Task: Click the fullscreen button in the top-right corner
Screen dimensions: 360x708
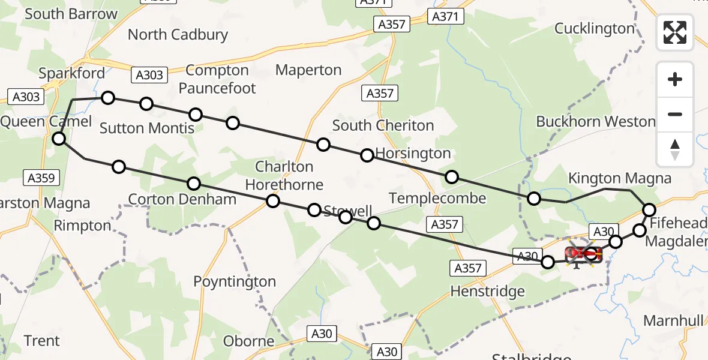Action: (x=675, y=32)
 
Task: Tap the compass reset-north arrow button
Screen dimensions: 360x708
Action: (x=675, y=149)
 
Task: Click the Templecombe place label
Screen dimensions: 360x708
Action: (x=437, y=198)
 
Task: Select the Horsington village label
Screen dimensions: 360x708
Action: (x=413, y=154)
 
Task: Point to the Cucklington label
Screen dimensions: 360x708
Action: (x=594, y=28)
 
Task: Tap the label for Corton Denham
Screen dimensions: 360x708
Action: (x=182, y=199)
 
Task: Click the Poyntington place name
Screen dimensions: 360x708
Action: (x=235, y=281)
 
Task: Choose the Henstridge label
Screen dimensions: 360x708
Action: (x=487, y=292)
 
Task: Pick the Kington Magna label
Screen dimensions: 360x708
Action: (x=619, y=178)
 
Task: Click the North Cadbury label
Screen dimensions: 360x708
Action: (x=178, y=34)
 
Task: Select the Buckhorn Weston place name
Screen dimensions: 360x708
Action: (x=595, y=121)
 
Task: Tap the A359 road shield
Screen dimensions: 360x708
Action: (x=41, y=178)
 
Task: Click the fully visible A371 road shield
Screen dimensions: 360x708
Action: (x=448, y=17)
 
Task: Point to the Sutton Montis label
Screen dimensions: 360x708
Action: (x=147, y=128)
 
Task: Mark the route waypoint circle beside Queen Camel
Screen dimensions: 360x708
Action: (x=59, y=139)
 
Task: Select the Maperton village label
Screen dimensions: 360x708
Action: (x=308, y=70)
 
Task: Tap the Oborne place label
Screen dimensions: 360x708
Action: (x=249, y=341)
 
